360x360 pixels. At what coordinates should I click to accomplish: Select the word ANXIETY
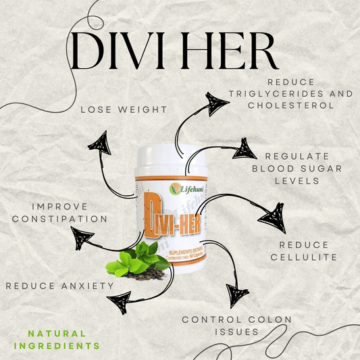coord(86,286)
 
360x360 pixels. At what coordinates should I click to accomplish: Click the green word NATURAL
coord(58,333)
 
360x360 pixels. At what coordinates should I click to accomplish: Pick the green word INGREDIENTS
coord(58,345)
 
